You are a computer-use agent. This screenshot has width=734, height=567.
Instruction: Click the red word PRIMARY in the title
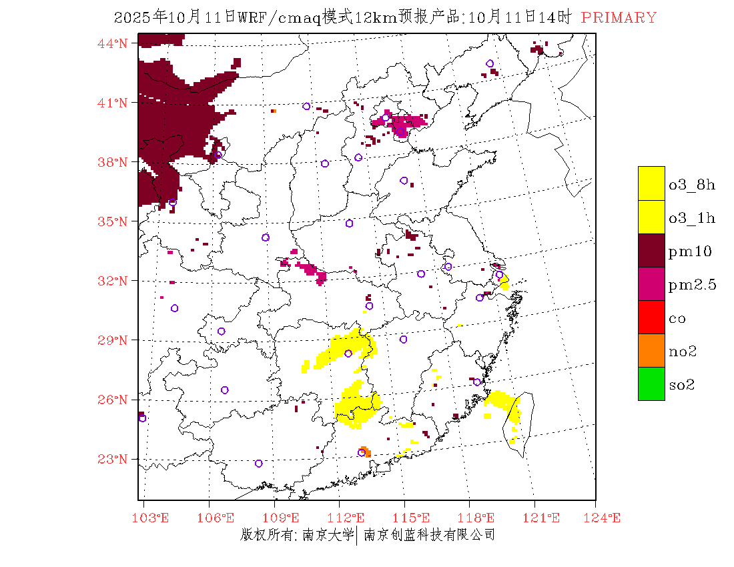tap(619, 18)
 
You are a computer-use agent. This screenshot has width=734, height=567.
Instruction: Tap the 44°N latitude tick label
tap(113, 43)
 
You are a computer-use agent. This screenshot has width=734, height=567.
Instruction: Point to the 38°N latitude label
tap(113, 162)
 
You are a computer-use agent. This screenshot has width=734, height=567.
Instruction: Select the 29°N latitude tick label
tap(113, 340)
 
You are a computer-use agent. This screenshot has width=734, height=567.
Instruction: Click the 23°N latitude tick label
tap(113, 459)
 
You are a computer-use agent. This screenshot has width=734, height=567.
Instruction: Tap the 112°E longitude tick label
tap(350, 518)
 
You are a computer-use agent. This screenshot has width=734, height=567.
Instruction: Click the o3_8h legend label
tap(692, 185)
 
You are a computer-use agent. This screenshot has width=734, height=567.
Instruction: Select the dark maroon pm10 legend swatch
tap(651, 250)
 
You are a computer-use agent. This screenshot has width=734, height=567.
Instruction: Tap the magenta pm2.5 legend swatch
tap(651, 283)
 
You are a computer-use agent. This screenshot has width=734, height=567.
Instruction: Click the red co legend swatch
tap(651, 317)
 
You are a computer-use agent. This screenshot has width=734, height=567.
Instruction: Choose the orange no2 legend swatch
tap(651, 350)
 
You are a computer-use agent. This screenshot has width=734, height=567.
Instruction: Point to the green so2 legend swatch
tap(651, 384)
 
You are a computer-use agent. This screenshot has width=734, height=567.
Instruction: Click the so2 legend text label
tap(682, 385)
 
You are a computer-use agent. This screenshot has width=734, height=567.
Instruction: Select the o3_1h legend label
tap(692, 218)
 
